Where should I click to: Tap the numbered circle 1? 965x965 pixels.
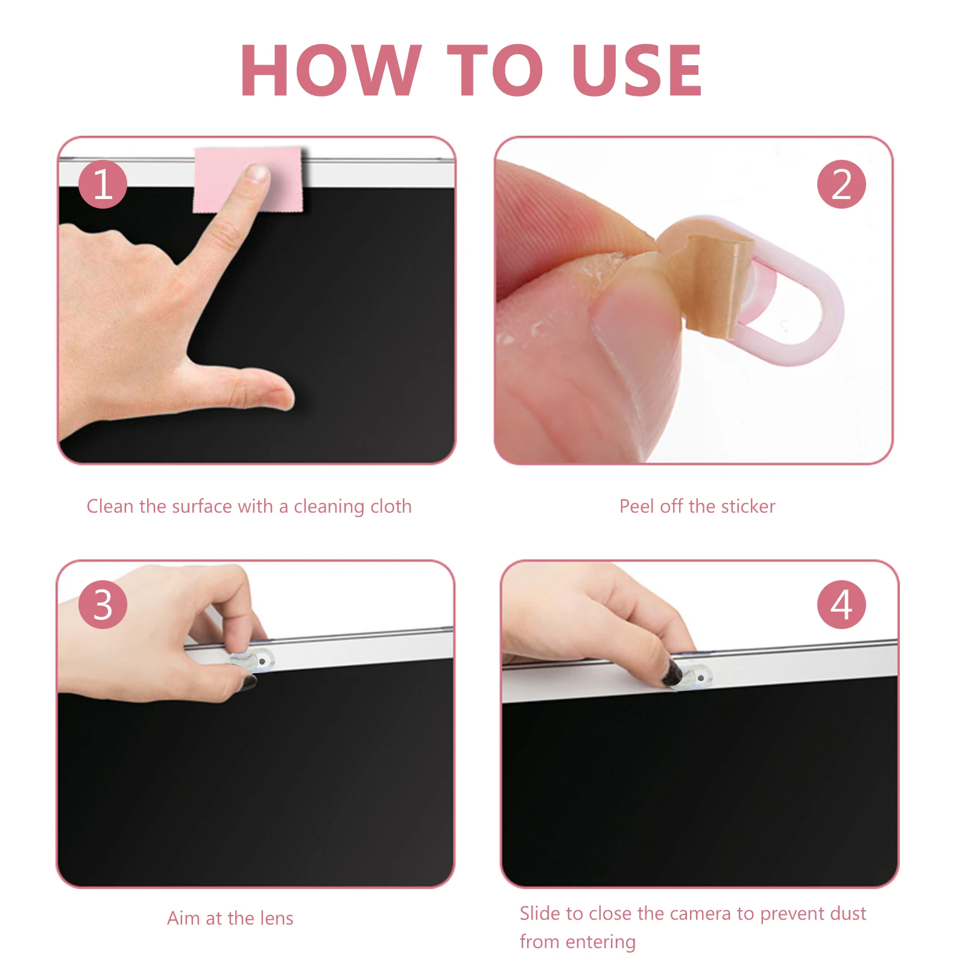(103, 184)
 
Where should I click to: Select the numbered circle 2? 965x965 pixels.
(841, 184)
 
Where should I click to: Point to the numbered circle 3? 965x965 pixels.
(103, 604)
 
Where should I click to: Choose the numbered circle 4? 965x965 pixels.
(841, 604)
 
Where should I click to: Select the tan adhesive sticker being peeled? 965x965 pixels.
(712, 277)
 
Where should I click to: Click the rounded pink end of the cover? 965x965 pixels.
(814, 314)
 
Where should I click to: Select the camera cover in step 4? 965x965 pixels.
(697, 676)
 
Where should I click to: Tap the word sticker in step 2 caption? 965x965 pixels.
(748, 506)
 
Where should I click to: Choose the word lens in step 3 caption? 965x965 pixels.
(276, 918)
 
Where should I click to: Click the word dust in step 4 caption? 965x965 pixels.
(847, 913)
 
